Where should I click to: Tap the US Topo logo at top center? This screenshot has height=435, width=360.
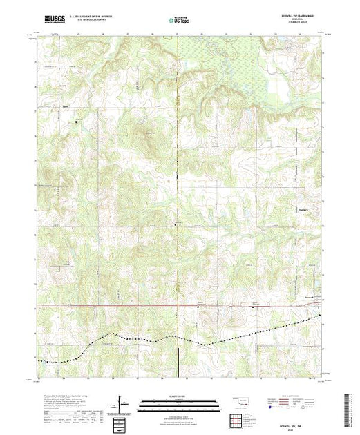(x=180, y=21)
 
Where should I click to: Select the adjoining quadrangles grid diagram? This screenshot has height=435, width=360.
(x=237, y=418)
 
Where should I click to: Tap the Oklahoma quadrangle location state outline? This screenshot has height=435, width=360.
(x=240, y=398)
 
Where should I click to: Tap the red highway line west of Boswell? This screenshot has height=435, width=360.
(x=138, y=304)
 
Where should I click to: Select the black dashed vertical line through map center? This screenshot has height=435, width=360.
(x=179, y=207)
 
